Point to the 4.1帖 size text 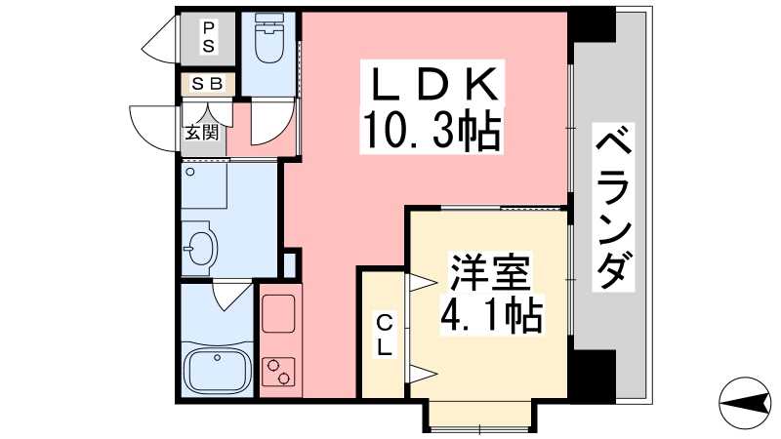click(491, 313)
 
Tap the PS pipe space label click(208, 37)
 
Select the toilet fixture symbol click(267, 39)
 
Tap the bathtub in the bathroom click(216, 369)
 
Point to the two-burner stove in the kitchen click(279, 372)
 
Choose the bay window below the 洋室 click(478, 415)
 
